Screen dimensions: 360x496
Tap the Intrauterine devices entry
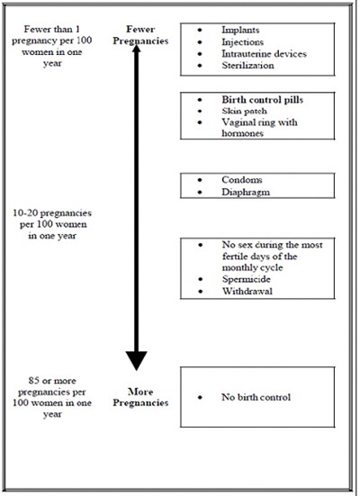[263, 54]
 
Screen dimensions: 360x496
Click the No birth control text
[256, 397]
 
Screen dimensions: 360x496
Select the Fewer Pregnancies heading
[135, 34]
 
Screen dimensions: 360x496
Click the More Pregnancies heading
[135, 397]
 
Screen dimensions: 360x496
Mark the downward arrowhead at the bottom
[136, 360]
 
